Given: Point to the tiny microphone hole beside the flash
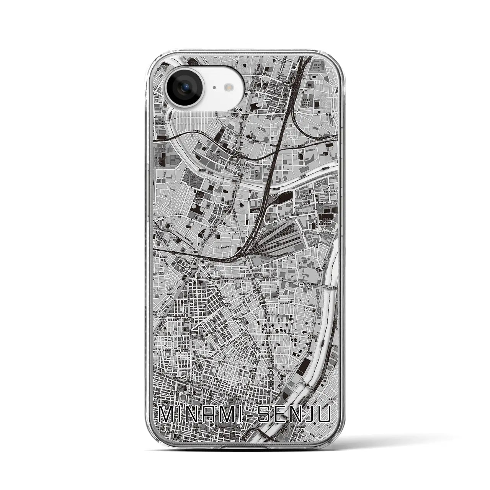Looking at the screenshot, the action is click(214, 88).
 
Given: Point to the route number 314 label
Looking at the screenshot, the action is click(325, 260).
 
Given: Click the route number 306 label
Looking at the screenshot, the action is click(325, 287).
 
